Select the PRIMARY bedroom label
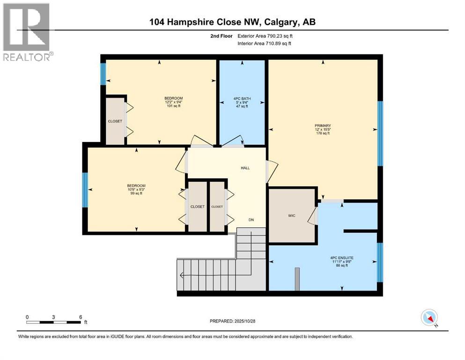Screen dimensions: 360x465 (323, 125)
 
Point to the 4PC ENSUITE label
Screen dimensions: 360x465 (341, 257)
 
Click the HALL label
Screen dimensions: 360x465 (245, 168)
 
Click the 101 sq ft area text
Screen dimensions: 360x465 (173, 106)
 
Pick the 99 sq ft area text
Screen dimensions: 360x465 (136, 193)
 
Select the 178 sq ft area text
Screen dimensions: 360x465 (323, 133)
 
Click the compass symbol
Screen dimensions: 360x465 (429, 318)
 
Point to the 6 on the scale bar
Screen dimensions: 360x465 (81, 317)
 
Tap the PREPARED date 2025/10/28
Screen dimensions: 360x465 (232, 321)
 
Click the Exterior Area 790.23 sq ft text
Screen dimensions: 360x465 (268, 36)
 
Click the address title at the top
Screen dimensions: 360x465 (232, 22)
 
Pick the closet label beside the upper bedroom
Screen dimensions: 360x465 (115, 121)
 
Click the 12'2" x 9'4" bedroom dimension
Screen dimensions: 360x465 (173, 102)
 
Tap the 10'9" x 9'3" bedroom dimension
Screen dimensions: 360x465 (136, 189)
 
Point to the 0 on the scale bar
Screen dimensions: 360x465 (27, 317)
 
